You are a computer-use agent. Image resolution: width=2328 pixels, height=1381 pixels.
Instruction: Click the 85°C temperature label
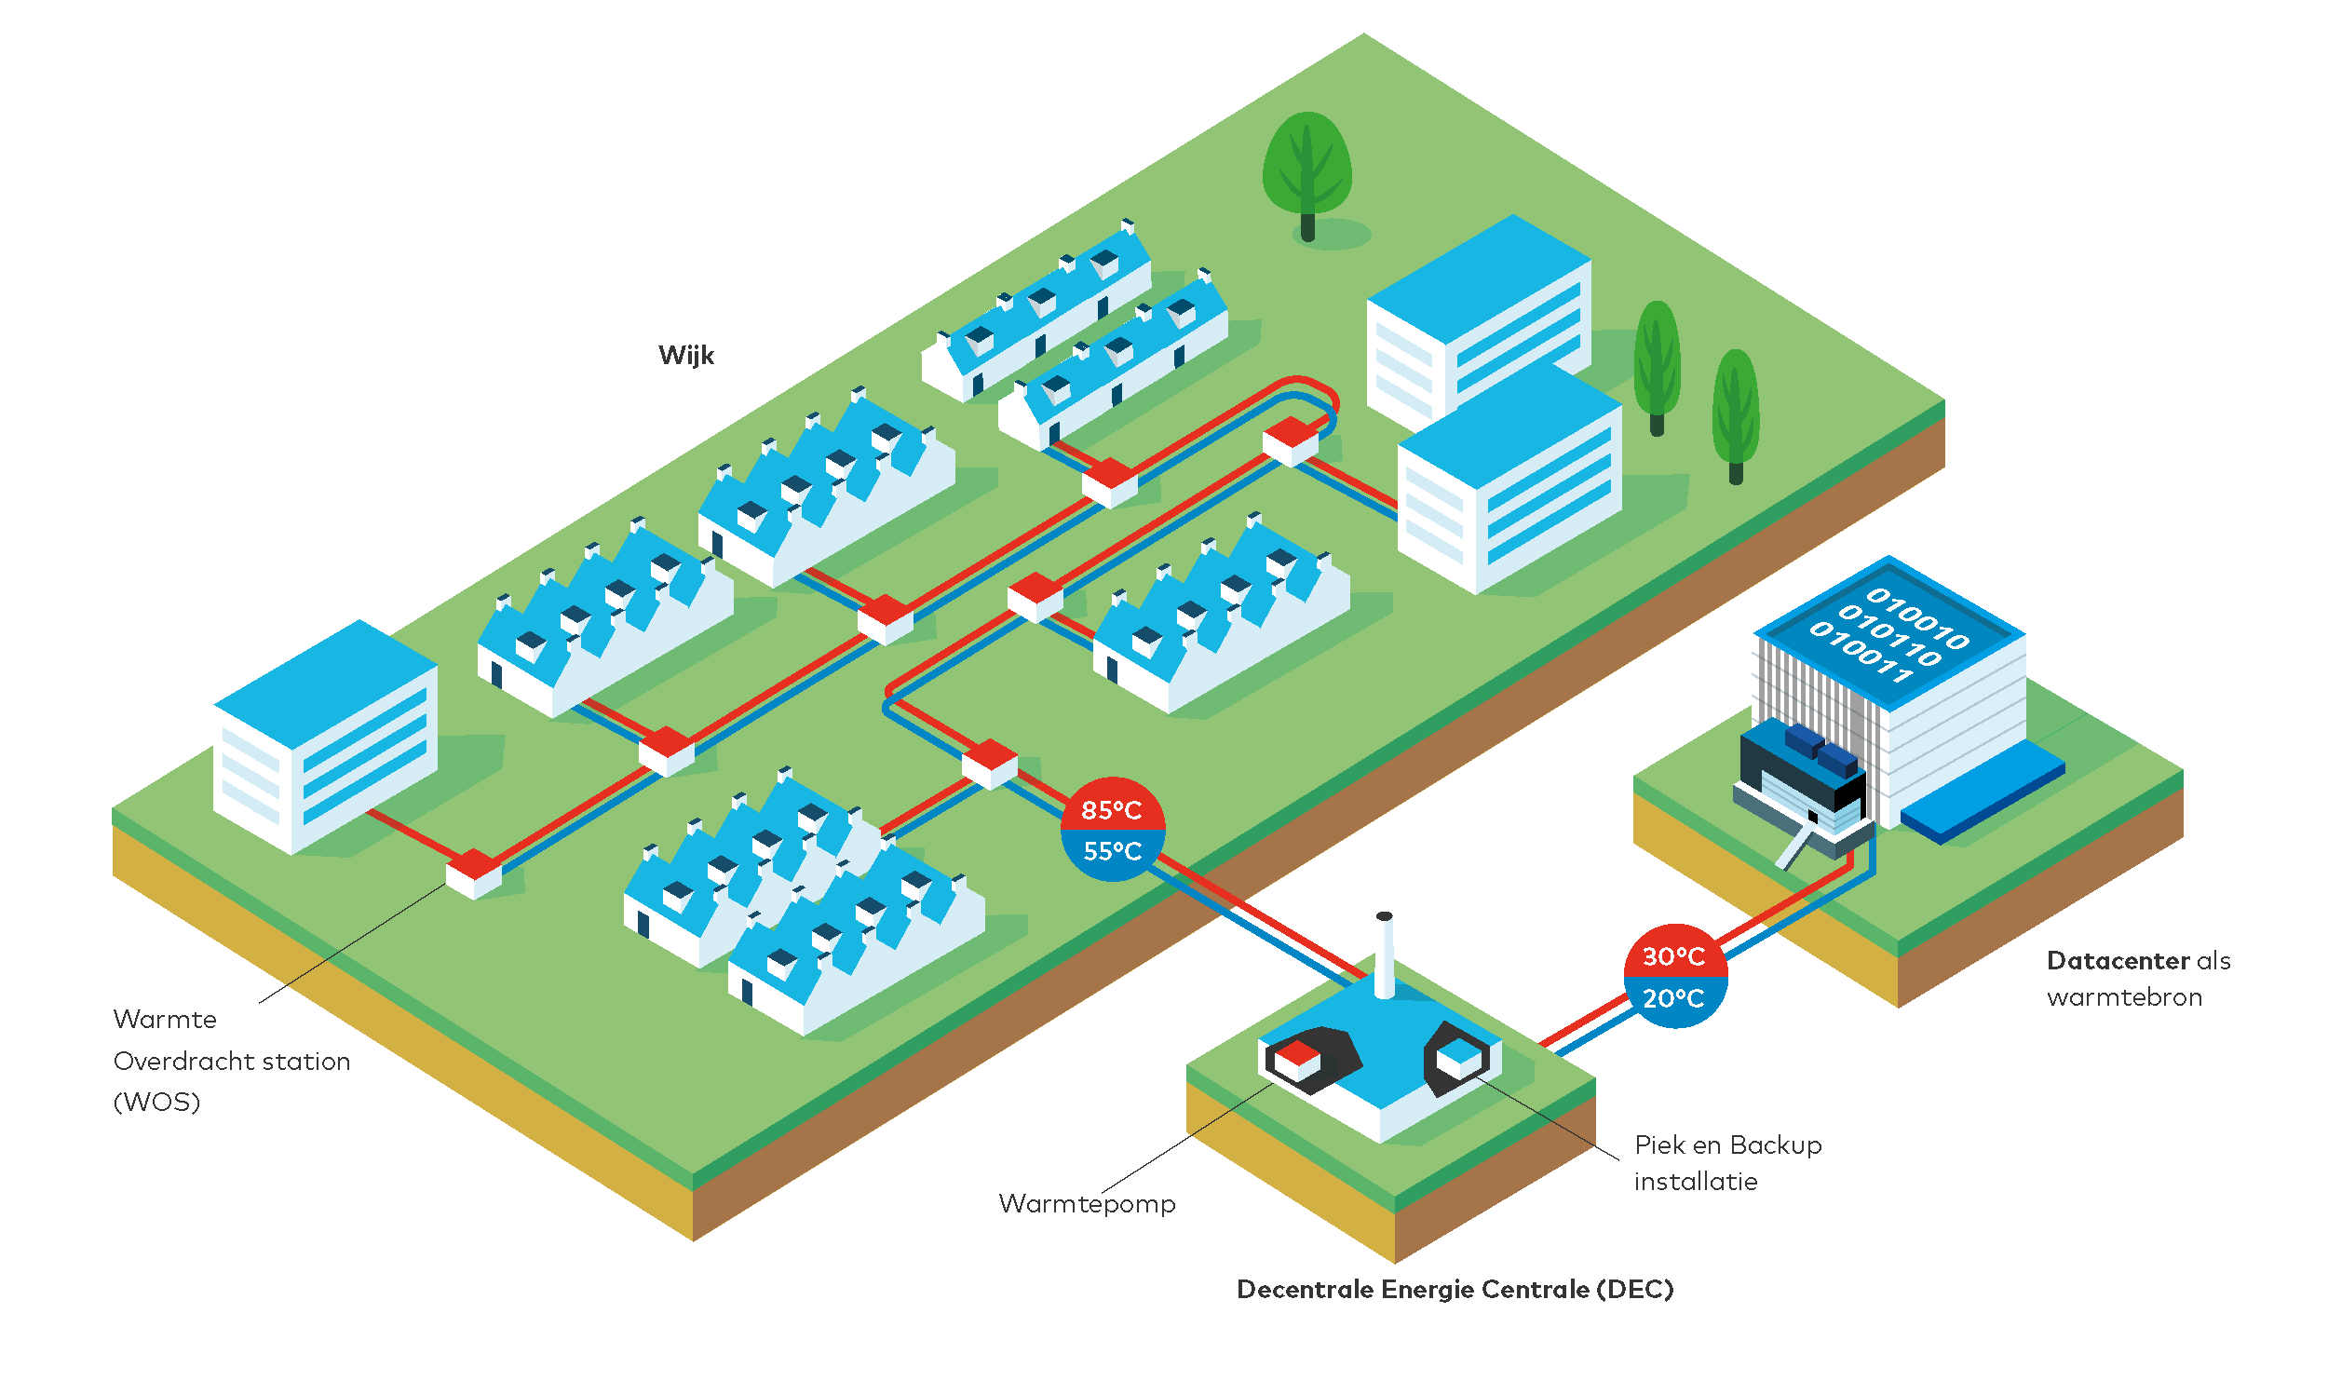point(1111,810)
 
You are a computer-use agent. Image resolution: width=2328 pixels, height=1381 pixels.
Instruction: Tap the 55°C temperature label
point(1112,851)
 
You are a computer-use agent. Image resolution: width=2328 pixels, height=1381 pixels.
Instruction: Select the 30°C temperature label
point(1673,956)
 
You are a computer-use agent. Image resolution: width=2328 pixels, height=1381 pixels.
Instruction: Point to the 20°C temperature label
point(1673,998)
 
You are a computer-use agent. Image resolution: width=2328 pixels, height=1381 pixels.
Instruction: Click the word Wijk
point(686,356)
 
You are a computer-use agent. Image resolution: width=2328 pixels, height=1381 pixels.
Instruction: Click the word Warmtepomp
point(1087,1204)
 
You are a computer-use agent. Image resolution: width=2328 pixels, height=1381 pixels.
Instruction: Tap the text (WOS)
point(156,1103)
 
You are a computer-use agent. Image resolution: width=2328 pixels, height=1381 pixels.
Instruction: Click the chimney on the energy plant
point(1385,955)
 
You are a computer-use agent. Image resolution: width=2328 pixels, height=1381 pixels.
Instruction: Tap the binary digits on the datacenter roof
point(1889,633)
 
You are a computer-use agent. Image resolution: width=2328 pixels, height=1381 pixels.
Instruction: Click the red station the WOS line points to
point(474,873)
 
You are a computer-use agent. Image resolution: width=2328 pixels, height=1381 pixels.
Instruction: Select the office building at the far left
point(326,736)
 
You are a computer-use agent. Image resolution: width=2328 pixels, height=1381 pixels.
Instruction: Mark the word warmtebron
point(2124,997)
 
